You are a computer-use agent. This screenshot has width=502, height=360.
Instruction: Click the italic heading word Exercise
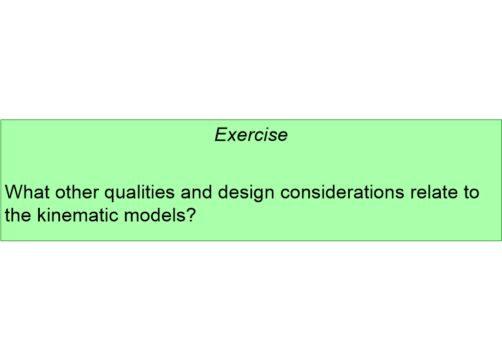click(251, 134)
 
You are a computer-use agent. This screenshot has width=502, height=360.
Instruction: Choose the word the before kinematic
click(19, 215)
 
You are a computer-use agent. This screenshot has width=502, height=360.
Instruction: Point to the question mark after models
click(190, 215)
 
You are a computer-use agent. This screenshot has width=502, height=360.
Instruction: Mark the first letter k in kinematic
click(41, 215)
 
